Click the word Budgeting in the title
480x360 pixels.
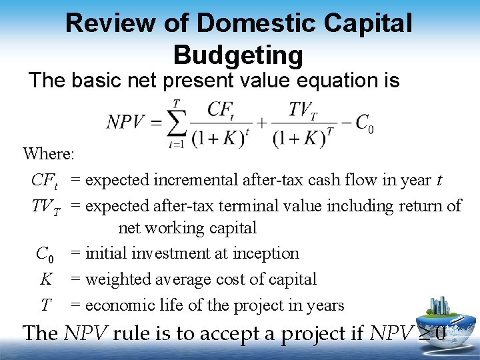pos(238,54)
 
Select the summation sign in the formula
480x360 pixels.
pos(175,123)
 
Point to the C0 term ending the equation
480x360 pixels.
pos(364,123)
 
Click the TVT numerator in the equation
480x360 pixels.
pos(303,109)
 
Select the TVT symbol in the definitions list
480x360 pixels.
pos(45,207)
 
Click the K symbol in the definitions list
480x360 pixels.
pos(46,279)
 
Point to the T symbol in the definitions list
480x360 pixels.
pos(45,306)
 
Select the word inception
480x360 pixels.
pos(267,253)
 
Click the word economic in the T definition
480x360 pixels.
pos(119,306)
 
